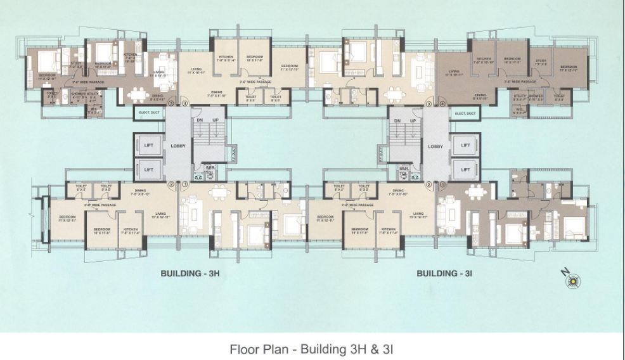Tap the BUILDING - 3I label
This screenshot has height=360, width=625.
coord(446,274)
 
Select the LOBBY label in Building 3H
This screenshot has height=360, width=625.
coord(178,146)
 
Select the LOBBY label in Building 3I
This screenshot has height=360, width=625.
coord(435,146)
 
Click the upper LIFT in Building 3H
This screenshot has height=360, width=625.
coord(149,145)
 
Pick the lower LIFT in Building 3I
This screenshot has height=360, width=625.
coord(465,169)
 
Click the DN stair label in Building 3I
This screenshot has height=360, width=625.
coord(397,120)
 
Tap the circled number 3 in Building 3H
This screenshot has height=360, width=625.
coord(171,103)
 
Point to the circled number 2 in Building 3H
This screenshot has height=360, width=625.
coord(171,185)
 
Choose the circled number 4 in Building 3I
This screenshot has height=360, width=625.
coord(442,103)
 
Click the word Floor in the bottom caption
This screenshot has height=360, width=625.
coord(243,349)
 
